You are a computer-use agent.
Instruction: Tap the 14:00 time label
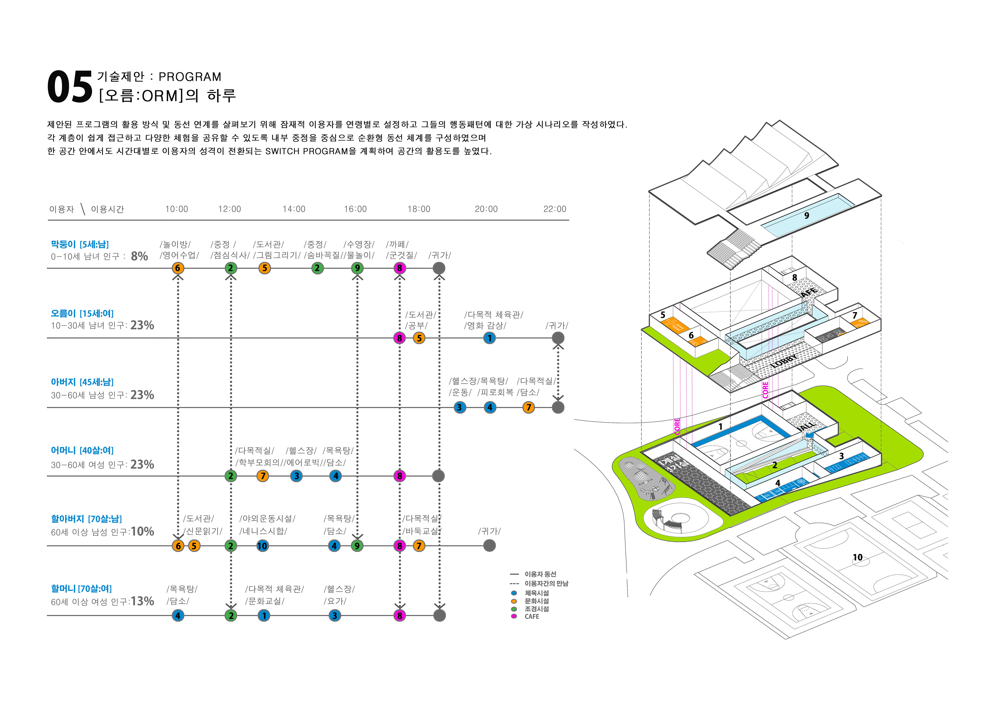click(x=294, y=209)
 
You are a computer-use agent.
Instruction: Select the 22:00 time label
click(x=555, y=209)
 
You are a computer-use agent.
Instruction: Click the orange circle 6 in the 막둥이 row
click(x=178, y=268)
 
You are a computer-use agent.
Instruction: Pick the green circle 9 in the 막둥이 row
click(x=357, y=268)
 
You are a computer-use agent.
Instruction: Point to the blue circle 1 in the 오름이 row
click(x=489, y=338)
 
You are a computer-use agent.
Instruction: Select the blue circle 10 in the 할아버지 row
click(x=262, y=546)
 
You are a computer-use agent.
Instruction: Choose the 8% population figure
click(x=140, y=256)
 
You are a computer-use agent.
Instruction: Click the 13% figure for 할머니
click(x=143, y=601)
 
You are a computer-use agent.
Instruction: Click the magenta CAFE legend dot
click(x=514, y=616)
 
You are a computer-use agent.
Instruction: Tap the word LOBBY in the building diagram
click(x=784, y=361)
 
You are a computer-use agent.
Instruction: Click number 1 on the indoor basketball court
click(x=721, y=427)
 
